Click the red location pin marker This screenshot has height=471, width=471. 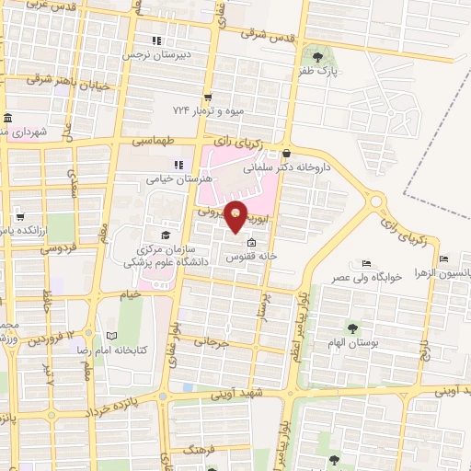(237, 215)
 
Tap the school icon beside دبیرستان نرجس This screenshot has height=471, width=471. (156, 40)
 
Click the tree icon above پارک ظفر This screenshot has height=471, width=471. (318, 56)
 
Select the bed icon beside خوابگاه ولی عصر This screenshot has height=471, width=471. (367, 263)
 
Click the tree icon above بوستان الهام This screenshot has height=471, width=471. (351, 327)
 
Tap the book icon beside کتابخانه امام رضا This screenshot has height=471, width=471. (113, 337)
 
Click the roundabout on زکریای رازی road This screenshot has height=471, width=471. (376, 199)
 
